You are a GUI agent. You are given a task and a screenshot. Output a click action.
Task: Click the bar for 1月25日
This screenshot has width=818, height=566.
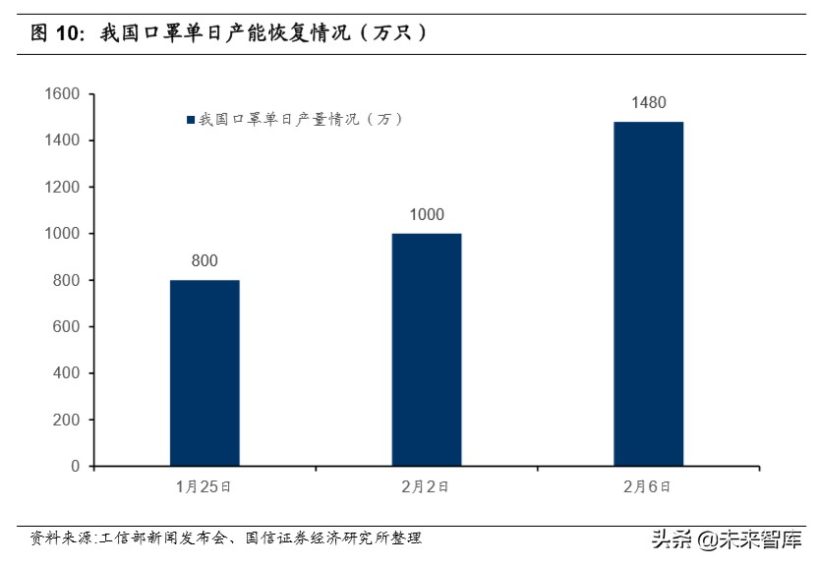(x=204, y=372)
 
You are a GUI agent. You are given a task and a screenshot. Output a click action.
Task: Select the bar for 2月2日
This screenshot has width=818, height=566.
(x=427, y=349)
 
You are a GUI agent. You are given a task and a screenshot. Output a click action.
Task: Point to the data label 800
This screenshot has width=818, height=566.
(x=204, y=261)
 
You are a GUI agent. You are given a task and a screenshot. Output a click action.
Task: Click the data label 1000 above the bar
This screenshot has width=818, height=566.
(x=427, y=215)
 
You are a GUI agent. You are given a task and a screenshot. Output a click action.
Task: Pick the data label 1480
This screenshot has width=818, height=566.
(x=648, y=103)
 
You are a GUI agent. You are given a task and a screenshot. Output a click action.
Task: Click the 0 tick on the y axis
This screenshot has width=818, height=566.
(x=75, y=466)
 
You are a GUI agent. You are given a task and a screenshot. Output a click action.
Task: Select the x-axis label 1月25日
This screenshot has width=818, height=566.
(x=204, y=486)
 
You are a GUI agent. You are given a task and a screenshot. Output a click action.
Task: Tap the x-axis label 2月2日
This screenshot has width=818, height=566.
(x=427, y=486)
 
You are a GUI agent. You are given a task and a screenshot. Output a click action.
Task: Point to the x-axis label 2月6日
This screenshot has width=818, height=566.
(x=648, y=486)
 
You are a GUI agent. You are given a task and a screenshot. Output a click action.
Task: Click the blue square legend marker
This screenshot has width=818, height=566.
(x=191, y=120)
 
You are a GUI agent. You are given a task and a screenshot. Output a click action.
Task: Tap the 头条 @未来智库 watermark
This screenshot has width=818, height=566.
(x=728, y=538)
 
